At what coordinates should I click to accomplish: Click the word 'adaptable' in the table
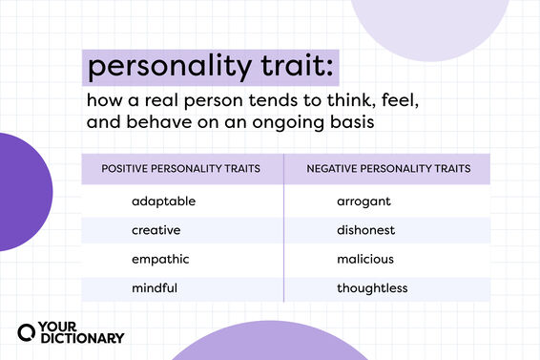point(164,201)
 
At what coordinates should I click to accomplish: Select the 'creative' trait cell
point(156,230)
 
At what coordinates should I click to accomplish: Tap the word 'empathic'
point(160,259)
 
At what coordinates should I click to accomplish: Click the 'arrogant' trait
point(364,201)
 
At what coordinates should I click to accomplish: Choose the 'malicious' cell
point(365,259)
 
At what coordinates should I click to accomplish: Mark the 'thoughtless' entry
point(372,287)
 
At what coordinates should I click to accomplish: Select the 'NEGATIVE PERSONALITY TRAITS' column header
point(388,168)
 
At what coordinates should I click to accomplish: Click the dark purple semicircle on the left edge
point(24,192)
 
